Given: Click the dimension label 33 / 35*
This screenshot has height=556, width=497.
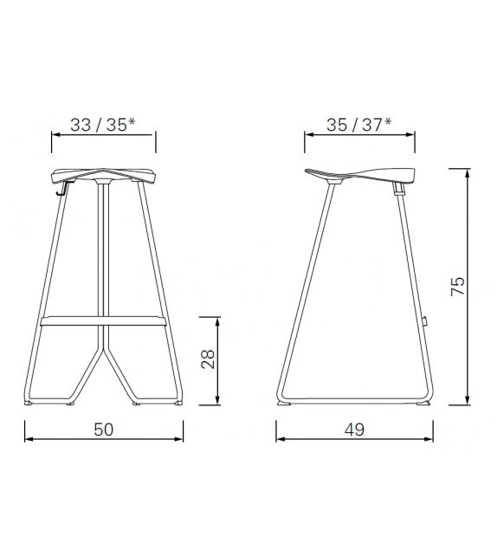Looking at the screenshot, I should pos(102,124).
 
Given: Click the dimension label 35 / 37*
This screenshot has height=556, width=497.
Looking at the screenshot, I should pos(358,124).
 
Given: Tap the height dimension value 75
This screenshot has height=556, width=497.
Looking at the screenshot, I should pos(459,286).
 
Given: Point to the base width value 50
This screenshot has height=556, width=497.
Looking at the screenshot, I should pos(103,430).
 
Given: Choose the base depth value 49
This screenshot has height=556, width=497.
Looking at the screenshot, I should pos(352,430).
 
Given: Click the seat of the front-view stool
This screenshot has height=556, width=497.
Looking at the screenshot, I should pos(103,172).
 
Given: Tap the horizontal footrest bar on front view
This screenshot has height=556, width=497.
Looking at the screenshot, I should pos(103,322).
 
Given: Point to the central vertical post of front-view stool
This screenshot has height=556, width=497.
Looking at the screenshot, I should pos(103,251).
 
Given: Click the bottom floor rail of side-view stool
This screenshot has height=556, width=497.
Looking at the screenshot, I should pos(355,402).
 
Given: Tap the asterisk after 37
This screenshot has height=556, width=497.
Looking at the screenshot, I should pos(389,121).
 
